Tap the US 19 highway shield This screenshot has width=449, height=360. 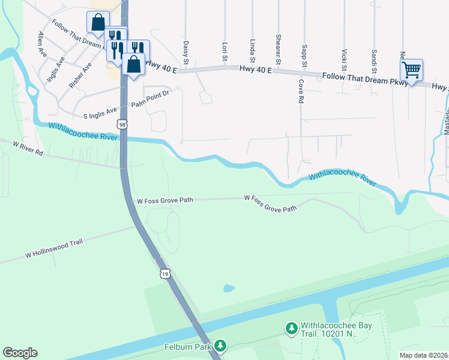165,274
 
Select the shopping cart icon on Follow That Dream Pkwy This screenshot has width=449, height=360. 411,70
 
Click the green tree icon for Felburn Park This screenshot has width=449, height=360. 221,346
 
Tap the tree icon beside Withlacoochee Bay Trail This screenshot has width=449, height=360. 291,328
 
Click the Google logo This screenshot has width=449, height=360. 20,353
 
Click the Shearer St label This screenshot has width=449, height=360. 279,49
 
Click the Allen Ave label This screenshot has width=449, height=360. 43,44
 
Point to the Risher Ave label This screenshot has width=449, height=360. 80,75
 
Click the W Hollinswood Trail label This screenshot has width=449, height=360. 53,247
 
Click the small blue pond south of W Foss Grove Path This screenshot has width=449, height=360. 229,289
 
